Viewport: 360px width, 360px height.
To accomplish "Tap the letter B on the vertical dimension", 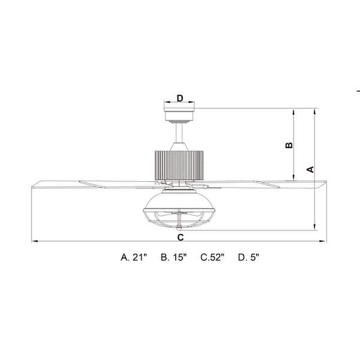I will (288, 145).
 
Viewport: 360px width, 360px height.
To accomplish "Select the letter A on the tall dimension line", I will (310, 169).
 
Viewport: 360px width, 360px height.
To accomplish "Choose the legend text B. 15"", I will (174, 257).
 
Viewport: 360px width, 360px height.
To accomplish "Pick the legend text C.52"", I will (212, 257).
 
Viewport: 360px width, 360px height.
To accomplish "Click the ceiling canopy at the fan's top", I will (179, 112).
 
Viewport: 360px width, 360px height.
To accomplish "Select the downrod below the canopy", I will (179, 133).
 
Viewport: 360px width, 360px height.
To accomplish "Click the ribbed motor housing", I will (179, 164).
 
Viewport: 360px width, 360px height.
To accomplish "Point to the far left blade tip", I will (32, 185).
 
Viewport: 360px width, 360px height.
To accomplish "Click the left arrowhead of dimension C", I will (34, 242).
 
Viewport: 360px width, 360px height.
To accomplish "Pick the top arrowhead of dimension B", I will (293, 111).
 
